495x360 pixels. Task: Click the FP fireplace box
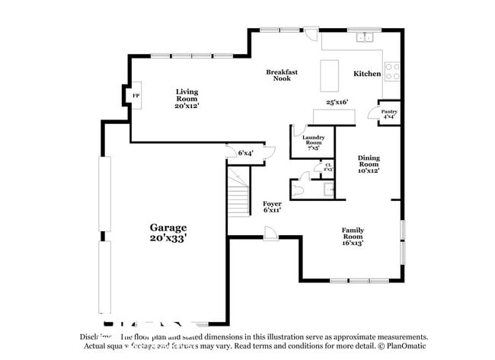point(136,95)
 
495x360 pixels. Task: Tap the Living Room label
point(187,98)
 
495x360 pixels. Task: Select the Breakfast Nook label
point(282,75)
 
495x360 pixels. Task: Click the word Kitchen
point(367,74)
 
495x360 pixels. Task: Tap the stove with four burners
point(392,72)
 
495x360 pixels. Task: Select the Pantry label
point(388,114)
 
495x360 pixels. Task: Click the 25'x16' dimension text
point(337,101)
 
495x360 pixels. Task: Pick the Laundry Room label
point(315,142)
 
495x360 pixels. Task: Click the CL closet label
point(328,167)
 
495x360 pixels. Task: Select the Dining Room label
point(369,164)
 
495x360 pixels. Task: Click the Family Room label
point(352,236)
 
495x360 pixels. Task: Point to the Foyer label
point(272,206)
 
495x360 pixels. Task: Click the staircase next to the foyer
point(239,195)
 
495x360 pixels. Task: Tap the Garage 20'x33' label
point(168,232)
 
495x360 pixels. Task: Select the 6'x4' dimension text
point(245,153)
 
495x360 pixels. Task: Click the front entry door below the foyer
point(270,237)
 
